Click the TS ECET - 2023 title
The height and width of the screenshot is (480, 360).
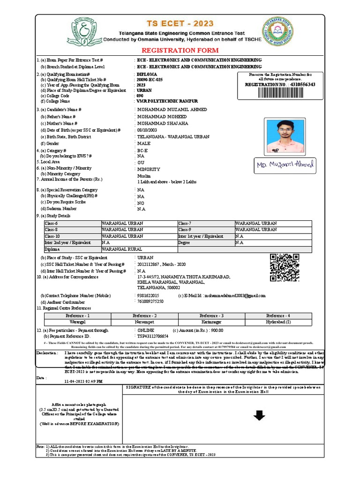click(x=180, y=23)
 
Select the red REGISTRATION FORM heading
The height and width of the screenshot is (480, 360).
click(x=180, y=50)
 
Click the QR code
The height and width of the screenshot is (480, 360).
click(x=284, y=267)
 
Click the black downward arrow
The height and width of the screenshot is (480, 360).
click(x=259, y=415)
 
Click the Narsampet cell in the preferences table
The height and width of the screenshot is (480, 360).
click(x=144, y=322)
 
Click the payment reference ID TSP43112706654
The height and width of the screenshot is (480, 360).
click(x=152, y=336)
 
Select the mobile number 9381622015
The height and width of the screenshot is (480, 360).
click(x=148, y=296)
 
